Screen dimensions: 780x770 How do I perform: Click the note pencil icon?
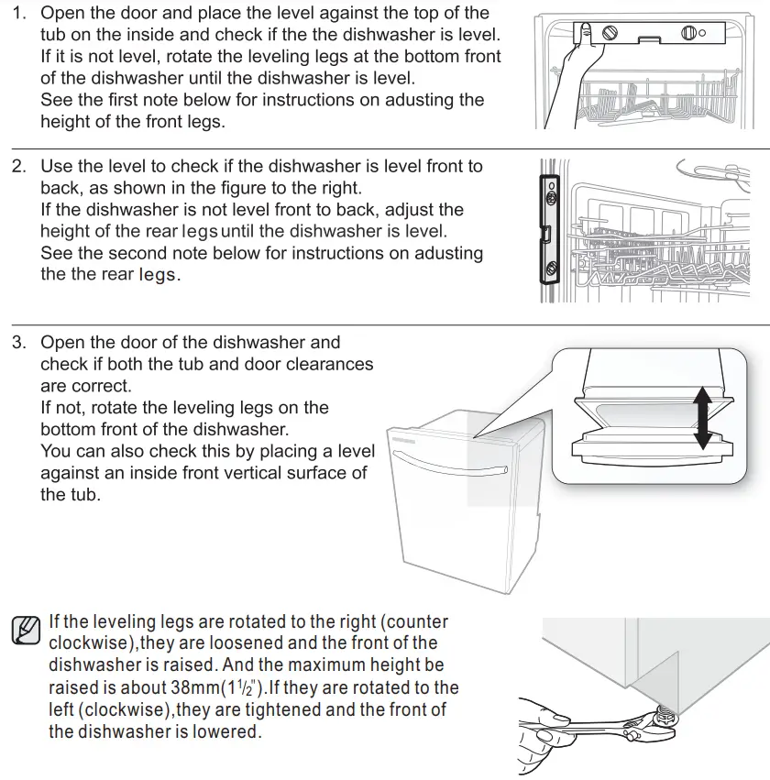27,630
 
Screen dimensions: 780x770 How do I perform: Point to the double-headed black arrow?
703,418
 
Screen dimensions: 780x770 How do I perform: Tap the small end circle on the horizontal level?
702,35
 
